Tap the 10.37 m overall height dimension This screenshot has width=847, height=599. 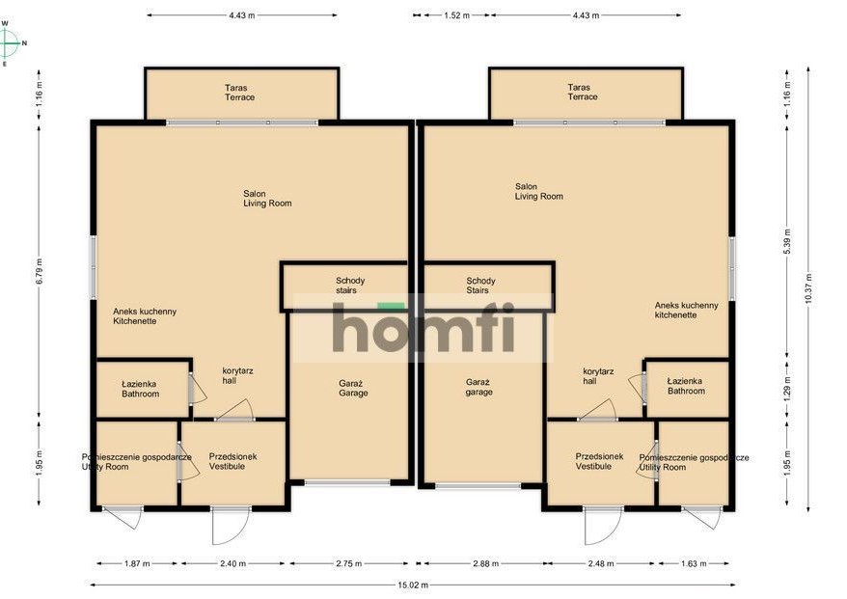[808, 289]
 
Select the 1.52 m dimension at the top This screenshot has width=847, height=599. [456, 15]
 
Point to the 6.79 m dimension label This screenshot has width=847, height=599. [39, 272]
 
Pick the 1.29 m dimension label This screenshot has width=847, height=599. [786, 390]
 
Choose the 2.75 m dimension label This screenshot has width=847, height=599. [349, 563]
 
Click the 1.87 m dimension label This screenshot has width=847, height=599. [137, 563]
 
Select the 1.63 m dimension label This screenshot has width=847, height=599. [694, 563]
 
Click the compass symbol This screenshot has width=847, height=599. [9, 42]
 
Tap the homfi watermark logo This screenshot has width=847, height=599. [423, 327]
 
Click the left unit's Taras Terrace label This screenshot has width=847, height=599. [239, 93]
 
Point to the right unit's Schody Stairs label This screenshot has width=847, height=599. [480, 286]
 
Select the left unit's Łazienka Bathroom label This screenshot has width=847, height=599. [140, 389]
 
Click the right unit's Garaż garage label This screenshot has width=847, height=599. [479, 387]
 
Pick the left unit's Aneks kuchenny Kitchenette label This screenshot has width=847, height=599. [145, 316]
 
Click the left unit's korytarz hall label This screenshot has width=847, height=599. [237, 376]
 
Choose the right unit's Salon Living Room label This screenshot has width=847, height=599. [538, 191]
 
